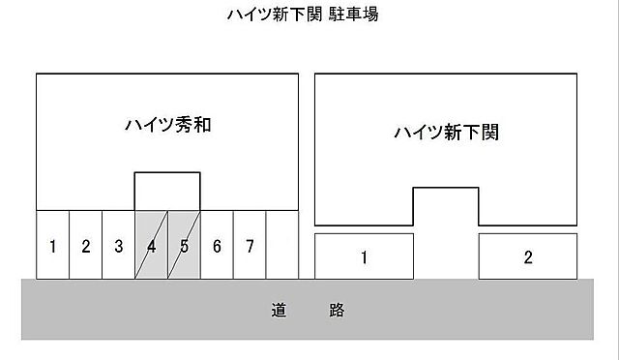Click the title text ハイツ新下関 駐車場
click(x=309, y=15)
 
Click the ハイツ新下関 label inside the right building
click(x=446, y=133)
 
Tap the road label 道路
click(x=308, y=311)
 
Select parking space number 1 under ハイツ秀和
click(x=52, y=246)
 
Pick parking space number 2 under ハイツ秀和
click(x=85, y=246)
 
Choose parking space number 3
click(x=118, y=246)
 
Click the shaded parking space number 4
click(x=151, y=246)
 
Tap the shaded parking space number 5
click(x=184, y=246)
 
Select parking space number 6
click(x=217, y=246)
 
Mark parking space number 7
click(x=250, y=246)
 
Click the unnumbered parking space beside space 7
click(x=281, y=246)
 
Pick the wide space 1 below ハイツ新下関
click(x=364, y=256)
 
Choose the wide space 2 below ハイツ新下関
click(x=528, y=256)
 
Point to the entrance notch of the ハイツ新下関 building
click(x=446, y=206)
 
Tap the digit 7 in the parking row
click(x=250, y=246)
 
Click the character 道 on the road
click(x=280, y=311)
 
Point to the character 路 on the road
click(x=336, y=311)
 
